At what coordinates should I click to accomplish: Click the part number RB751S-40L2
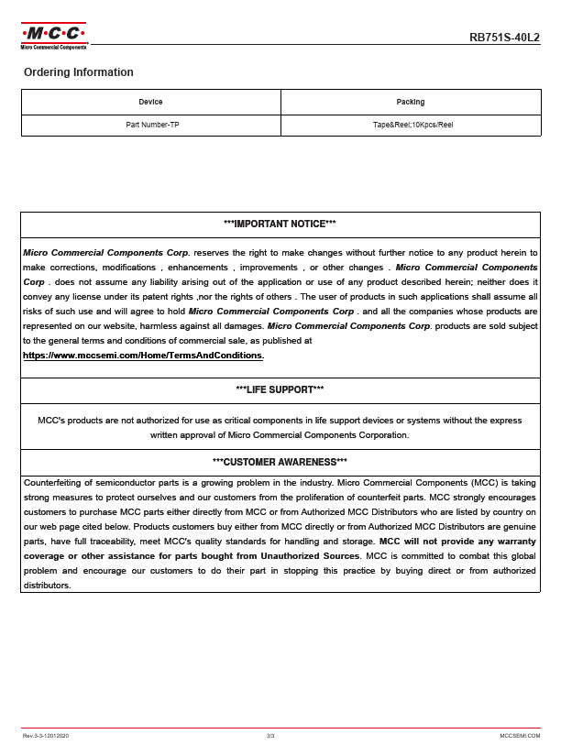click(x=504, y=38)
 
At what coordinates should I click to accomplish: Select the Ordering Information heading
click(x=78, y=72)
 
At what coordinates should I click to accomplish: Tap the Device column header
click(x=150, y=102)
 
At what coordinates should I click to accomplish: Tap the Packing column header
click(x=411, y=102)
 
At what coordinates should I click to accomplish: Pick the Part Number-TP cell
click(x=152, y=125)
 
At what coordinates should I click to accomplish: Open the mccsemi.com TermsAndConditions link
click(x=143, y=355)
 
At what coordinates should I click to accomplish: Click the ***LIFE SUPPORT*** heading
click(x=280, y=390)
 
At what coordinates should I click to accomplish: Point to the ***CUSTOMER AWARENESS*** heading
click(x=280, y=461)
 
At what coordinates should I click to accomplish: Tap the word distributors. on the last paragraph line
click(x=47, y=586)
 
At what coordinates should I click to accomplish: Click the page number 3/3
click(x=270, y=736)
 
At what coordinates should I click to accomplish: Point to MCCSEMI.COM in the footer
click(x=520, y=736)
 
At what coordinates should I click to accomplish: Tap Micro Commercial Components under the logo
click(x=53, y=46)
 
